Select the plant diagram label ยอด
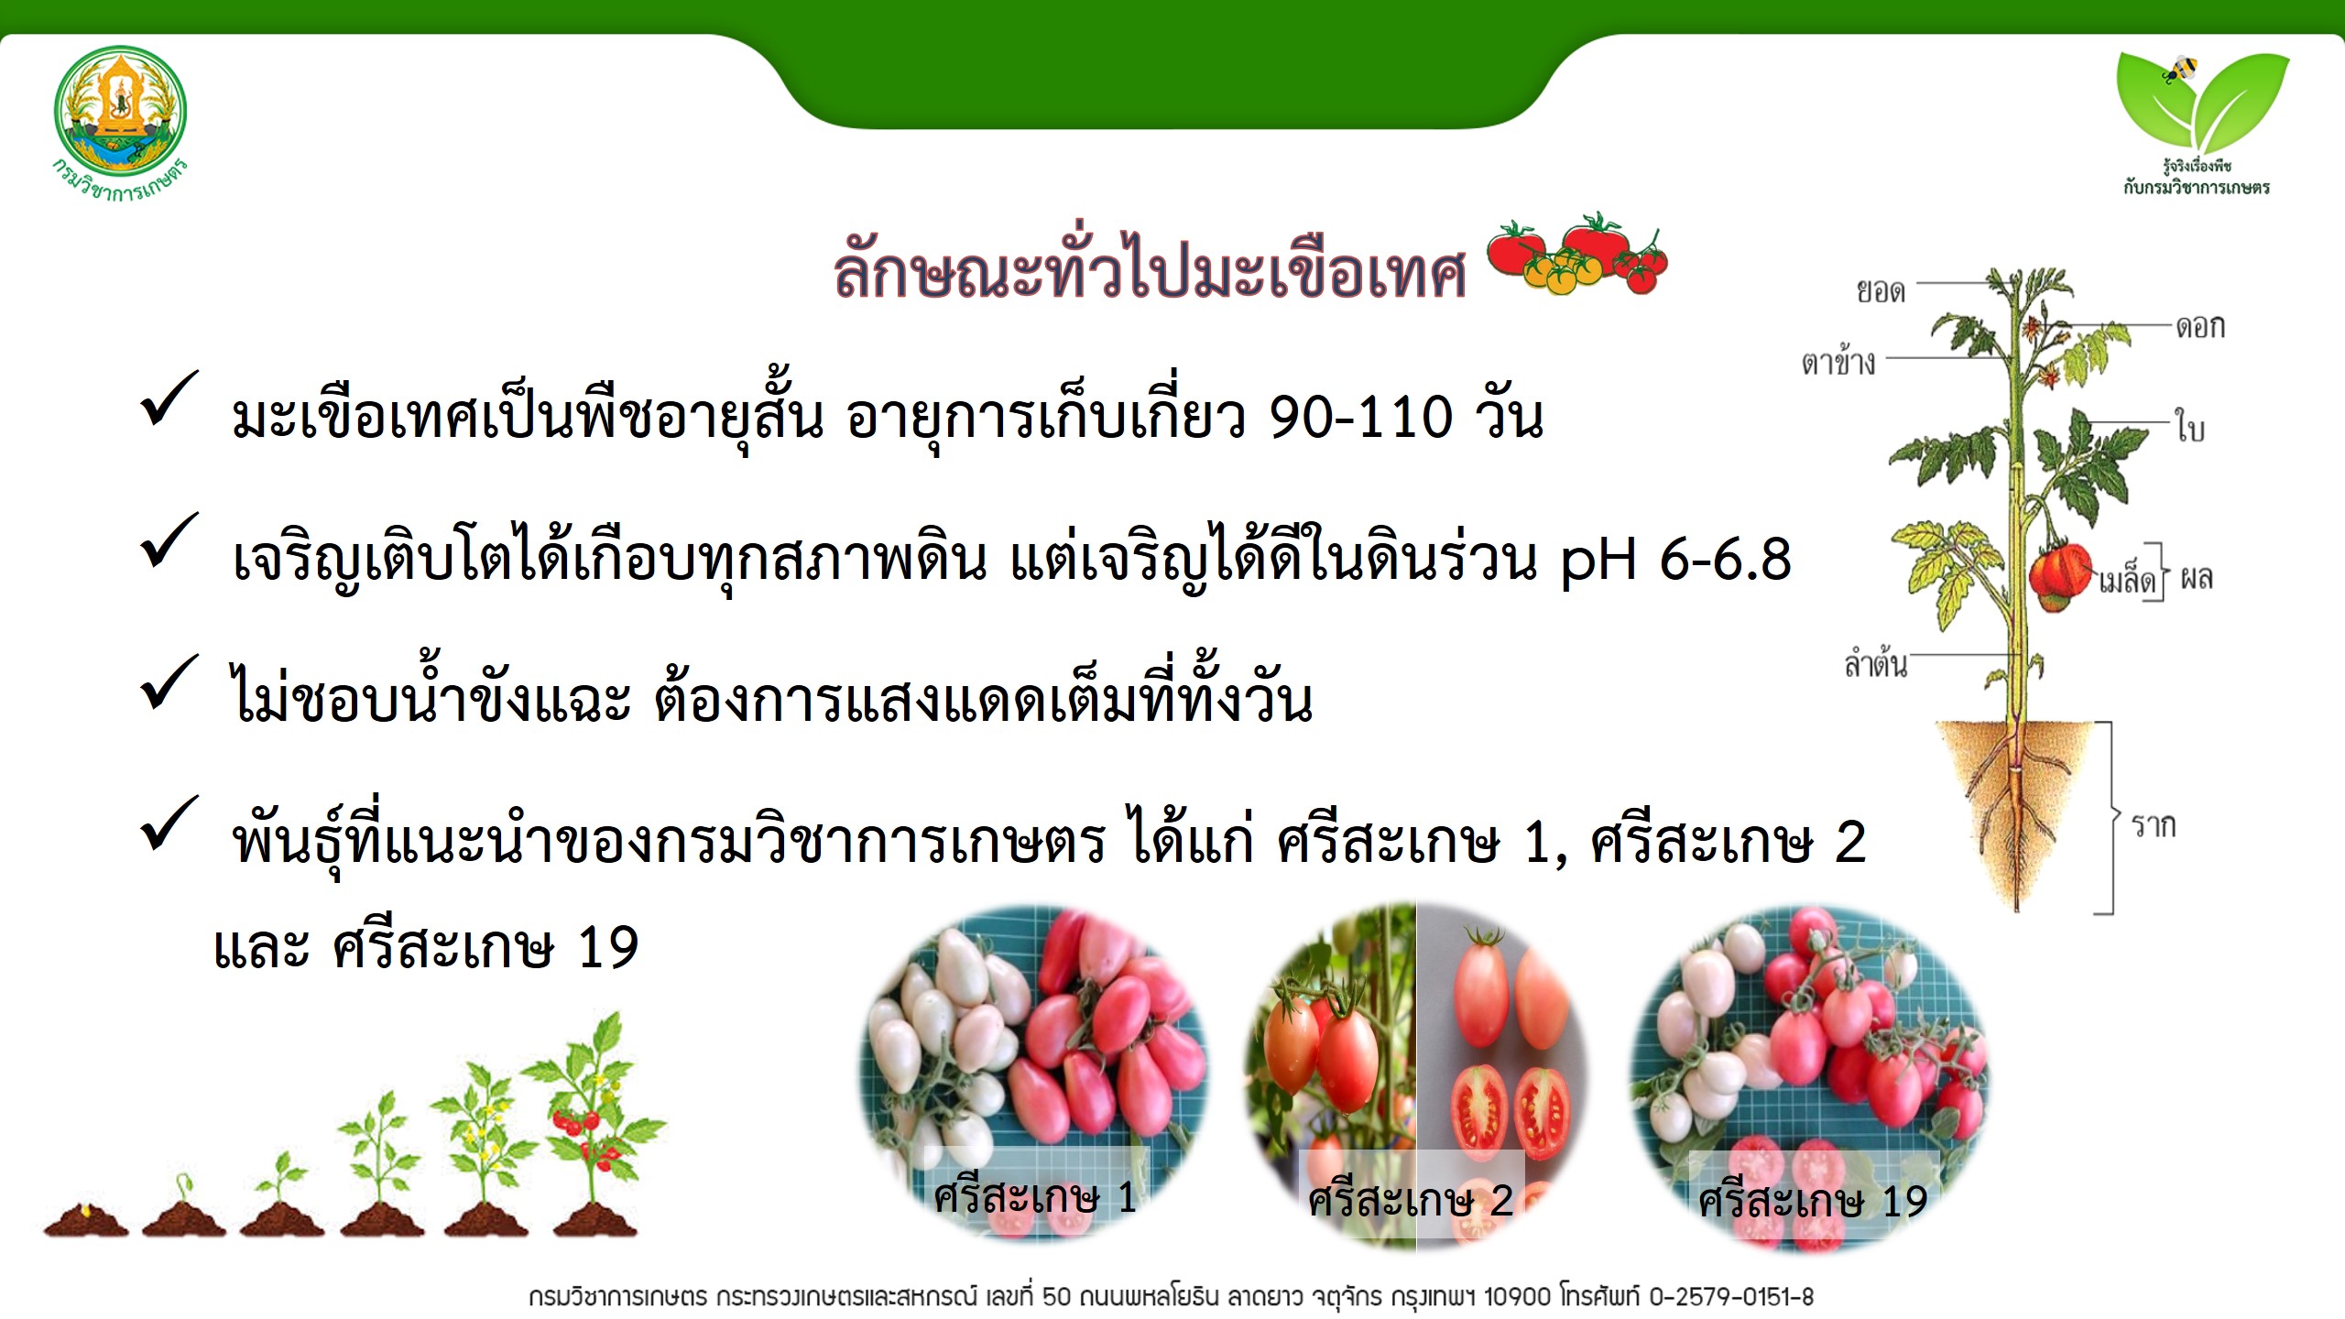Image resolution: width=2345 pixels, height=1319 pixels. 1881,291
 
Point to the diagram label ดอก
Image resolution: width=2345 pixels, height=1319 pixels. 2200,326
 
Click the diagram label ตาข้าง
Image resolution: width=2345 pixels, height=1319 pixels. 1838,361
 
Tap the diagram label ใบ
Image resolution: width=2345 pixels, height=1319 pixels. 2190,426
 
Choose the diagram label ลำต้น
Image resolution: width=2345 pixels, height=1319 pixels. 1875,661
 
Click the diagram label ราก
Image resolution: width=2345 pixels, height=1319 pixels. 2153,826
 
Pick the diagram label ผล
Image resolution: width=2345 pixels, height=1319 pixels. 2197,578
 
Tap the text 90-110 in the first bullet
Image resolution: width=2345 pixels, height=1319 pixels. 1361,418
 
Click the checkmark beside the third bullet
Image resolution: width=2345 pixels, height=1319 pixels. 169,682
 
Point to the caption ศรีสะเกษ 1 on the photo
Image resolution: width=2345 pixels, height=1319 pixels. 1035,1196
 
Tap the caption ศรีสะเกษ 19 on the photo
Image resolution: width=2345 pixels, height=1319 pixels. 1813,1200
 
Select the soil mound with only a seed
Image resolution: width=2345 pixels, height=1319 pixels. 86,1220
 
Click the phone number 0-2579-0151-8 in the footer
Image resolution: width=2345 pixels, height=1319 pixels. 1731,1297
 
